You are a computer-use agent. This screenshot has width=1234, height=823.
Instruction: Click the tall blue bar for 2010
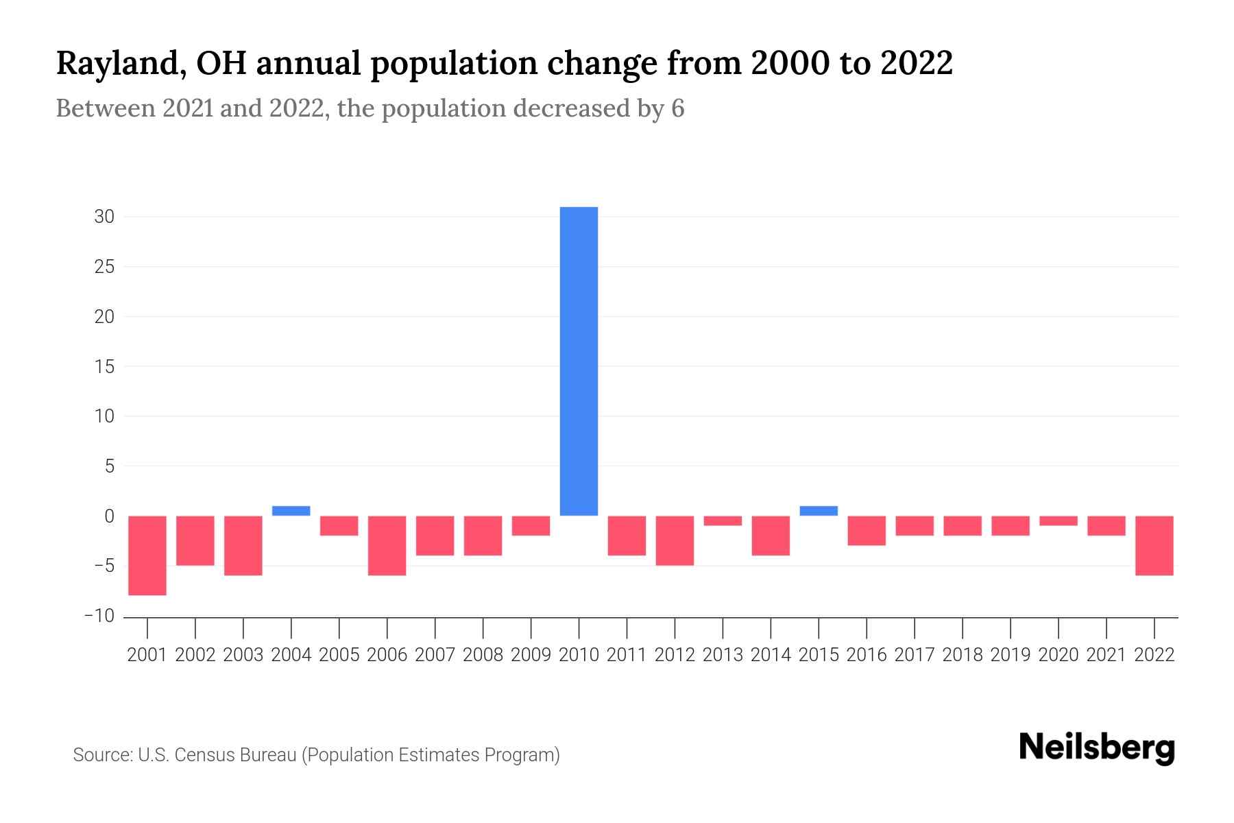click(x=579, y=361)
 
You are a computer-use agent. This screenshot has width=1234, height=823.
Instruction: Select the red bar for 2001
click(x=147, y=556)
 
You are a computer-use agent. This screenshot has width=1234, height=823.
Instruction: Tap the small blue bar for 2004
click(x=291, y=511)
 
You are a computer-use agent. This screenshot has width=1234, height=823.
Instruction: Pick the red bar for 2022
click(x=1154, y=546)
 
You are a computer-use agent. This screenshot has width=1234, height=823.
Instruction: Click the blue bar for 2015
click(x=819, y=511)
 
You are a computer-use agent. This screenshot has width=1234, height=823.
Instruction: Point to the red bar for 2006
click(x=387, y=546)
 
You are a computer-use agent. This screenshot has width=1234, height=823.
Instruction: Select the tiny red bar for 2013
click(x=723, y=521)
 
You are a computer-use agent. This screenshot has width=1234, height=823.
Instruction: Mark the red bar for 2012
click(x=675, y=540)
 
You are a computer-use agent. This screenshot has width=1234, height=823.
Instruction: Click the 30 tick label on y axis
click(x=104, y=217)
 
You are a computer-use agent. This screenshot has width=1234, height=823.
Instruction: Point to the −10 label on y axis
click(x=99, y=616)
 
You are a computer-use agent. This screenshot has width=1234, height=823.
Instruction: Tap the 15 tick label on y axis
click(x=104, y=367)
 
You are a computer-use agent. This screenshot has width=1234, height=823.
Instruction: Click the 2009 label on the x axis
click(x=531, y=655)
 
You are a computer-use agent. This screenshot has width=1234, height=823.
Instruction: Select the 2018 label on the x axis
click(x=963, y=655)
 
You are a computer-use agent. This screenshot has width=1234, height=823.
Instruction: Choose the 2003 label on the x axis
click(x=243, y=655)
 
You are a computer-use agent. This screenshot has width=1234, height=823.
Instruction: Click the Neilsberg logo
click(x=1097, y=748)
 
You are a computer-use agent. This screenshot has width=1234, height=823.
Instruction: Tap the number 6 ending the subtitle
click(x=677, y=108)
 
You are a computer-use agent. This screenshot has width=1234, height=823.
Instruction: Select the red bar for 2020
click(x=1058, y=521)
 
